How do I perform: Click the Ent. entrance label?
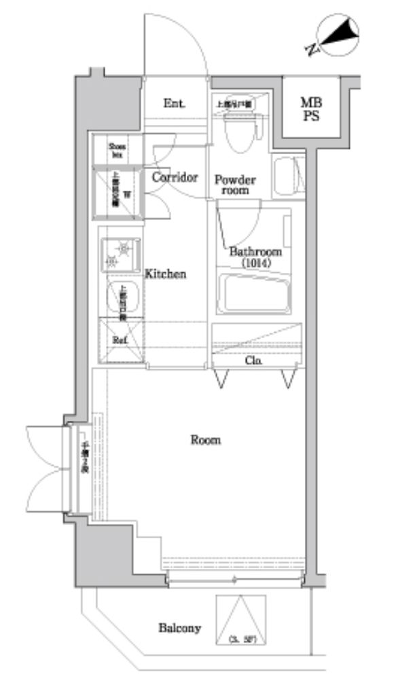pos(175,104)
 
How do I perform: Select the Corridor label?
pos(175,178)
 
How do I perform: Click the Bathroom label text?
pos(255,252)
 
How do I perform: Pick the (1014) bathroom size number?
pos(255,263)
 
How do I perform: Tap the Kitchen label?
pos(165,274)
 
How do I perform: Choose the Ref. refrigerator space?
pos(121,339)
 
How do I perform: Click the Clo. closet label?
pos(255,360)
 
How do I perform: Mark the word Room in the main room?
pos(205,440)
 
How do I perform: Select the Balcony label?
pos(179,628)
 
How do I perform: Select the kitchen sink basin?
pos(122,297)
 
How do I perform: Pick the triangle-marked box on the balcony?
pos(241,620)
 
